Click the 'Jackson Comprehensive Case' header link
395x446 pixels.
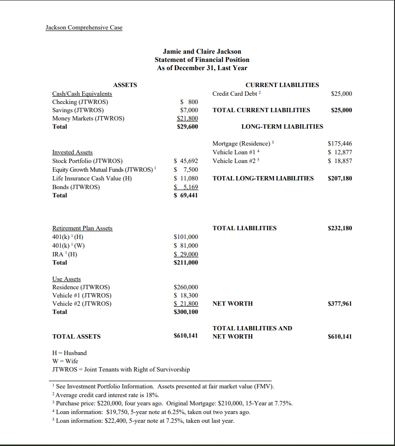(84, 28)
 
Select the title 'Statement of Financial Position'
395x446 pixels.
(202, 59)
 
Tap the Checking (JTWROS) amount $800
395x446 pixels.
(189, 102)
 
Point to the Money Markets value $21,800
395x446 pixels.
(187, 119)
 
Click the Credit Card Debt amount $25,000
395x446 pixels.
(341, 94)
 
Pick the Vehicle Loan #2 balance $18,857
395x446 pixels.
(340, 161)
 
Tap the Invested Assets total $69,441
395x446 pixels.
(186, 195)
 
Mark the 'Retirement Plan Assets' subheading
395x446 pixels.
(82, 228)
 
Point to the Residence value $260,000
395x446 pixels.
(186, 287)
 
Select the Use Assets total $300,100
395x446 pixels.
(186, 312)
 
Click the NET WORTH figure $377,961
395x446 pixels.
(340, 304)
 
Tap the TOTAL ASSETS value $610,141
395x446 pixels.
(186, 336)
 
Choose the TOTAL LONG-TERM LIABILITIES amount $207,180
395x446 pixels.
(340, 178)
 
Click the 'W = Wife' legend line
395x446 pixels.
(65, 361)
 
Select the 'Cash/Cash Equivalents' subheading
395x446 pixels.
(82, 94)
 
